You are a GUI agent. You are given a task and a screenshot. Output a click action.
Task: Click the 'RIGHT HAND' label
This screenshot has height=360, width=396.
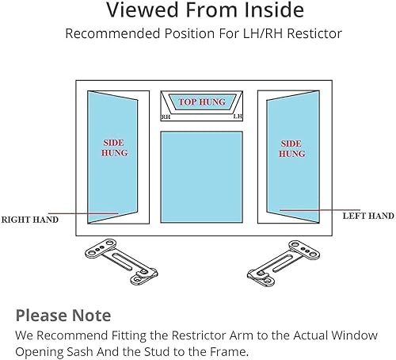[29, 219]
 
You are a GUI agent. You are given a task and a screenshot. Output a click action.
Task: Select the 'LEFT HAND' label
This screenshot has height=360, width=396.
[367, 216]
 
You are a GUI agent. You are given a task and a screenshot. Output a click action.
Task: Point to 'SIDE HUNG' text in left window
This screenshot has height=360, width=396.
[114, 148]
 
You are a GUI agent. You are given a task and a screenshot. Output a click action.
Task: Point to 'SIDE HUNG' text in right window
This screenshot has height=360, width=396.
[291, 148]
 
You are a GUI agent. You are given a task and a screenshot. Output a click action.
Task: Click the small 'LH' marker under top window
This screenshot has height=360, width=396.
[237, 117]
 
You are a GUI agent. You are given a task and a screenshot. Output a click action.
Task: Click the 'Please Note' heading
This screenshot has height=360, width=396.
[63, 315]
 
